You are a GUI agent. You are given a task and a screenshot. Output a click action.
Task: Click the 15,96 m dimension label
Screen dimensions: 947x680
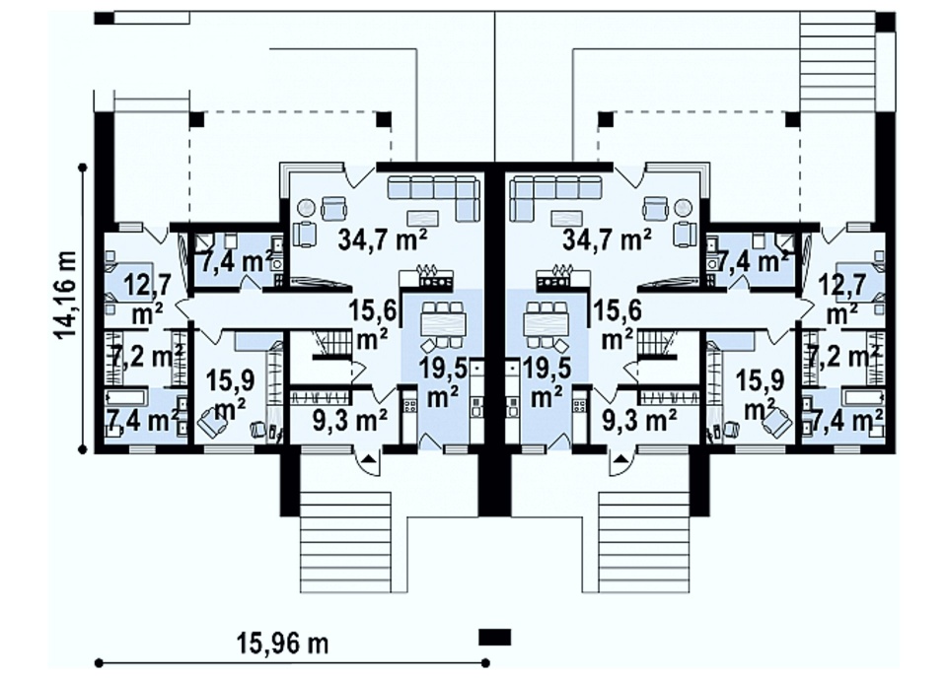283,644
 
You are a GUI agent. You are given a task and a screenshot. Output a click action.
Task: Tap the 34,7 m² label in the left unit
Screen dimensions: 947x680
383,240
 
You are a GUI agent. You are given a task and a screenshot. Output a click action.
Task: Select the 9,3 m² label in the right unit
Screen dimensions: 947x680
639,416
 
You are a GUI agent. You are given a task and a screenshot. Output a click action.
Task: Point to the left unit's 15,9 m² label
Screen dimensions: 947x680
231,395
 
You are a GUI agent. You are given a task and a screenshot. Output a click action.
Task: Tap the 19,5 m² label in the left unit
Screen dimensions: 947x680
444,382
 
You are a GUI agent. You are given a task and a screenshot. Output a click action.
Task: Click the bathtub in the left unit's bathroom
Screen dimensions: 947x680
126,397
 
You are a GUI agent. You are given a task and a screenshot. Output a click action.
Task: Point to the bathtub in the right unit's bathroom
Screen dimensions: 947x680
864,397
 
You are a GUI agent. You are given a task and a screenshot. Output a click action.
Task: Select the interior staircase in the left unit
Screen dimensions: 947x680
331,344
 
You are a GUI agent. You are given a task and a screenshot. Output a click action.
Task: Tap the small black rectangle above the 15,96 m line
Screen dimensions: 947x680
494,638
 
